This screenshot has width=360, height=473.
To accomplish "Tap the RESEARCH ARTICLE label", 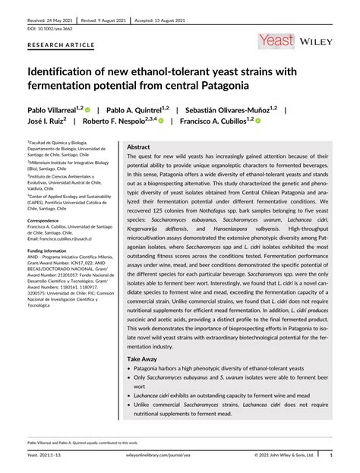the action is pos(56,44).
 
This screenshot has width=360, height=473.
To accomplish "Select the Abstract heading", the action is pos(138,147).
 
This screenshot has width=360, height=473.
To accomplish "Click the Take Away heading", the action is pos(143,358).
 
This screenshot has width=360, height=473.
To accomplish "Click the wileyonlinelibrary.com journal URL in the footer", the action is pos(180,456).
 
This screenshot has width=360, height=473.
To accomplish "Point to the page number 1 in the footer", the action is pos(330,456).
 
